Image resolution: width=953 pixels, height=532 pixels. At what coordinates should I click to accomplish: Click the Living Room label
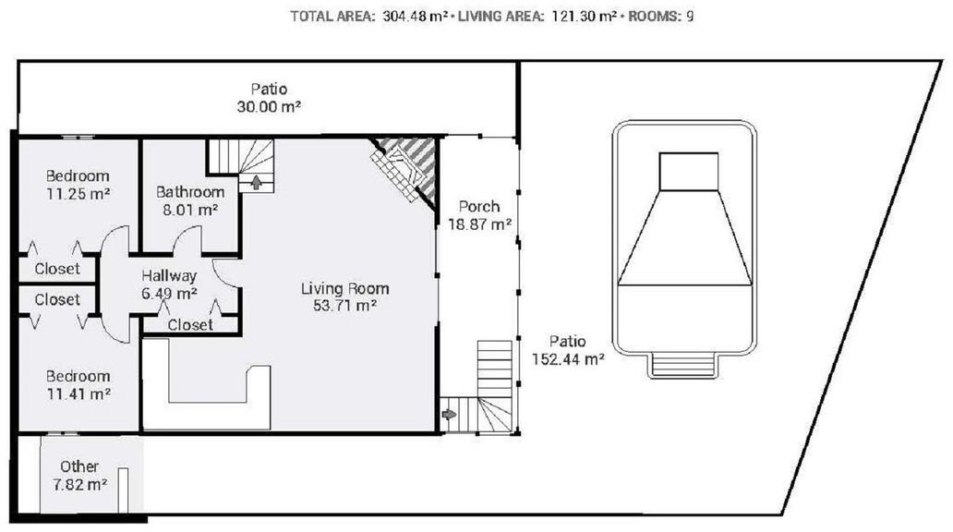(x=344, y=288)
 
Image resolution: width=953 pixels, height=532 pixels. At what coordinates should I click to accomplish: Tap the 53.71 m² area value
(x=344, y=305)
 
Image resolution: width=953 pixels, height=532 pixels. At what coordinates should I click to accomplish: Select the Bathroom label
(x=190, y=192)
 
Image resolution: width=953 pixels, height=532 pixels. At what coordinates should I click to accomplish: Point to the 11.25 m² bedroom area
(x=78, y=194)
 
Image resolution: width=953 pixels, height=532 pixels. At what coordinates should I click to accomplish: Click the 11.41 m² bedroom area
(x=78, y=394)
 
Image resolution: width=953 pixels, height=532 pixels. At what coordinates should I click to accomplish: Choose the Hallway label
(x=169, y=276)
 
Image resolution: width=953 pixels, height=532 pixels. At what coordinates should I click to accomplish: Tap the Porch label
(x=479, y=207)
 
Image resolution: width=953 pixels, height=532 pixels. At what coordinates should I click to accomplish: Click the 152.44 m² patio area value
(x=568, y=359)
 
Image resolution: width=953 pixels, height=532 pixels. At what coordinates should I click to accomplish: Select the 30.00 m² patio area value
(x=270, y=107)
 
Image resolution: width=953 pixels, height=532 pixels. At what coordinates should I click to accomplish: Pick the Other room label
(x=79, y=466)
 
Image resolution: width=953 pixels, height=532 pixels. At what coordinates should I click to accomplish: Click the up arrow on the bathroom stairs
(x=257, y=182)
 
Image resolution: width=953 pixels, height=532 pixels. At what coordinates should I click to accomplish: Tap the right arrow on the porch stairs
(x=449, y=415)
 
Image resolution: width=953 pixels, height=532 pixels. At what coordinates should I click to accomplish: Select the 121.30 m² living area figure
(x=584, y=17)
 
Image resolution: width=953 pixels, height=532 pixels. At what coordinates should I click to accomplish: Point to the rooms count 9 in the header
(x=690, y=17)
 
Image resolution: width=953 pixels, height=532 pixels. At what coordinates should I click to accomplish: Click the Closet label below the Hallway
(x=190, y=325)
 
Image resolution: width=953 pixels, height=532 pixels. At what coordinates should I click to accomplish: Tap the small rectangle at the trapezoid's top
(x=689, y=172)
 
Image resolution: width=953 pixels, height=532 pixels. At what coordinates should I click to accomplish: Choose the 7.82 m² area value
(x=79, y=485)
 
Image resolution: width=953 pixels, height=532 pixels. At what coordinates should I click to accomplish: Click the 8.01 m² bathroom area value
(x=190, y=211)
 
